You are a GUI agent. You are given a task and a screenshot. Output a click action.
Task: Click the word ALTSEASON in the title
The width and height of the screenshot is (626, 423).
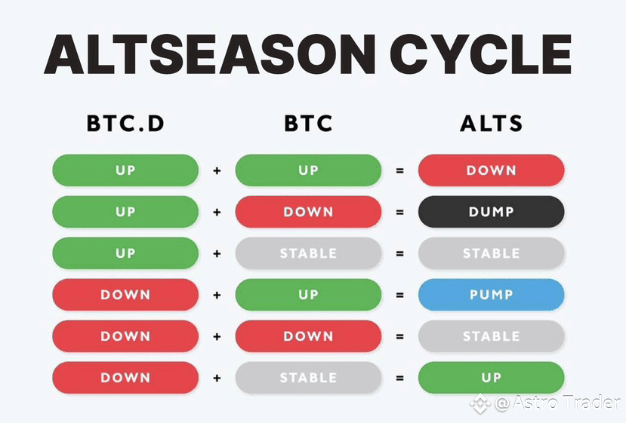(210, 54)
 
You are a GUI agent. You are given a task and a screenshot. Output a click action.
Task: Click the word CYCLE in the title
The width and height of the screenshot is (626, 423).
(481, 54)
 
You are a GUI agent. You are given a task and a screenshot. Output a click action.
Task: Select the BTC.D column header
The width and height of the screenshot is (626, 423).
(125, 123)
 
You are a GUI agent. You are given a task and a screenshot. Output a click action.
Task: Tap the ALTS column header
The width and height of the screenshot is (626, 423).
(491, 123)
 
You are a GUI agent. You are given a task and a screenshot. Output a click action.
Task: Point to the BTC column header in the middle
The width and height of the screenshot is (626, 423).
(308, 123)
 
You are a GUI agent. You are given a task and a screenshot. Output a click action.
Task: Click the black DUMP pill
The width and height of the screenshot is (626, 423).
(491, 212)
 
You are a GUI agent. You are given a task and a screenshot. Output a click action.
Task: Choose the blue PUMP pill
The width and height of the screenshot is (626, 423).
(491, 295)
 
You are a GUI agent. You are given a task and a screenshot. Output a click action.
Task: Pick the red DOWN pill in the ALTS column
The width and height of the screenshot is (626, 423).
(491, 170)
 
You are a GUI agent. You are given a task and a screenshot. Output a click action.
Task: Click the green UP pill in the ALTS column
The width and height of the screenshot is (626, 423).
(491, 378)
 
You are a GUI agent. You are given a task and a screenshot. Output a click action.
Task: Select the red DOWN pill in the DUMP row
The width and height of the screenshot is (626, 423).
(308, 212)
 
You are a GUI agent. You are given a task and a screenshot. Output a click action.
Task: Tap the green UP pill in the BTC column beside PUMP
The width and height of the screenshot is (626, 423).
(308, 295)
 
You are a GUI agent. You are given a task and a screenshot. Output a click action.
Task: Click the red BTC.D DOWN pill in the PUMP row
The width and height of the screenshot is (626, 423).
(125, 295)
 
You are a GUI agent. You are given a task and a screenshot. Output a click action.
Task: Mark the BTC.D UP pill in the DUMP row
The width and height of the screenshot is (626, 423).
(125, 212)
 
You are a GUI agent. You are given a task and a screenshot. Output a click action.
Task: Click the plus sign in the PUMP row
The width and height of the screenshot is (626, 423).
(217, 295)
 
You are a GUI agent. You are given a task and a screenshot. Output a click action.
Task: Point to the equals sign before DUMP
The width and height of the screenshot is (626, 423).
(399, 212)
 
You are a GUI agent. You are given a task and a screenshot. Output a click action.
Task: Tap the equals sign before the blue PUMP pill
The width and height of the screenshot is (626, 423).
(399, 295)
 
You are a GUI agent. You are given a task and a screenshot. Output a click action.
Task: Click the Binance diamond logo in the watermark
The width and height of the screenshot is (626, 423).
(480, 403)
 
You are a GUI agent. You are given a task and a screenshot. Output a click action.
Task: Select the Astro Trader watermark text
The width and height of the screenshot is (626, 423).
(557, 403)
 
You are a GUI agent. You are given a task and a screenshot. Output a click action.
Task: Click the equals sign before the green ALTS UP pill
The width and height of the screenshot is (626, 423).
(399, 378)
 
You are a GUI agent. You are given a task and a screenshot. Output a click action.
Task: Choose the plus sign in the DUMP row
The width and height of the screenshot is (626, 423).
(217, 212)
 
